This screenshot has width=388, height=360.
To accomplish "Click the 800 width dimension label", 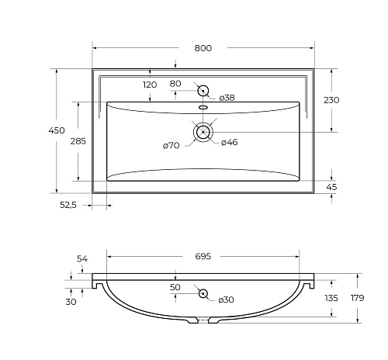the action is pos(203,48).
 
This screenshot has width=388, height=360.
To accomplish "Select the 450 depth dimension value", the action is pos(57,130).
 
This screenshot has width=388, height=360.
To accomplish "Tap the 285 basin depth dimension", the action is pos(78,141).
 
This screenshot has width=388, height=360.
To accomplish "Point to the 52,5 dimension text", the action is pos(68,205).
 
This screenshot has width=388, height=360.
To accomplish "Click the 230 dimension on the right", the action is pos(331,100).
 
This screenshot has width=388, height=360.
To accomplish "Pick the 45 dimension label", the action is pos(331,187).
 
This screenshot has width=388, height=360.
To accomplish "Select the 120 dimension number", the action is pos(150,85).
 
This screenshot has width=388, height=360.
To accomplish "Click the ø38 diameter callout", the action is pos(227,98).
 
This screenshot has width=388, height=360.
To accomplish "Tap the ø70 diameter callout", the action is pos(171,146).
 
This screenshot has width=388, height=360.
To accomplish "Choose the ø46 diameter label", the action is pos(230,142).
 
